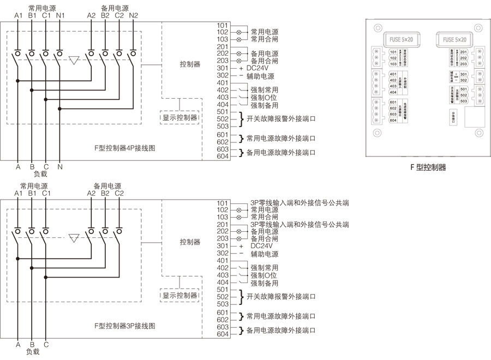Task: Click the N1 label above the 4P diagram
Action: point(60,15)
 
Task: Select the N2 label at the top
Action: point(133,15)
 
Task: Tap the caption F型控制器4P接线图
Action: point(124,148)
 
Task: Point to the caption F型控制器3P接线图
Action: point(124,325)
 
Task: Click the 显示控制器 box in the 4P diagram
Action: point(179,117)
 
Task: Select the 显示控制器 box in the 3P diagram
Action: point(179,295)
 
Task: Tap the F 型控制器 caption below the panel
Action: point(428,167)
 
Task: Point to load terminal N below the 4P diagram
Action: point(60,167)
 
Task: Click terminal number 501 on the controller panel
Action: point(464,88)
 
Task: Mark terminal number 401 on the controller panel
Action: point(393,74)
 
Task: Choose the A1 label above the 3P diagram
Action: point(18,193)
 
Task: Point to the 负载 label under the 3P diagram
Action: point(33,352)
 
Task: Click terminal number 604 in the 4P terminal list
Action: point(222,157)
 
